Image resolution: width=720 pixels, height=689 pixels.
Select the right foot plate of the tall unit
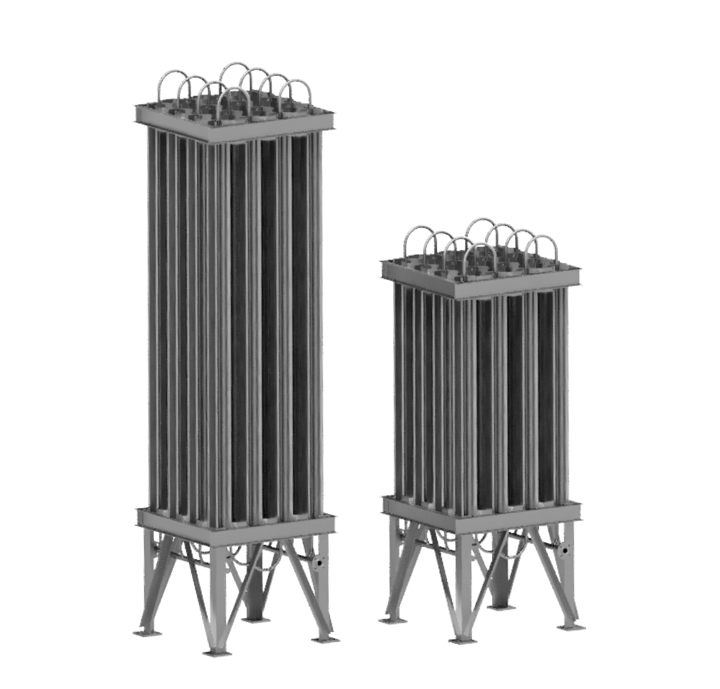click(x=327, y=640)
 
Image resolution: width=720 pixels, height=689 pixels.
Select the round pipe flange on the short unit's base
click(x=565, y=549)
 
